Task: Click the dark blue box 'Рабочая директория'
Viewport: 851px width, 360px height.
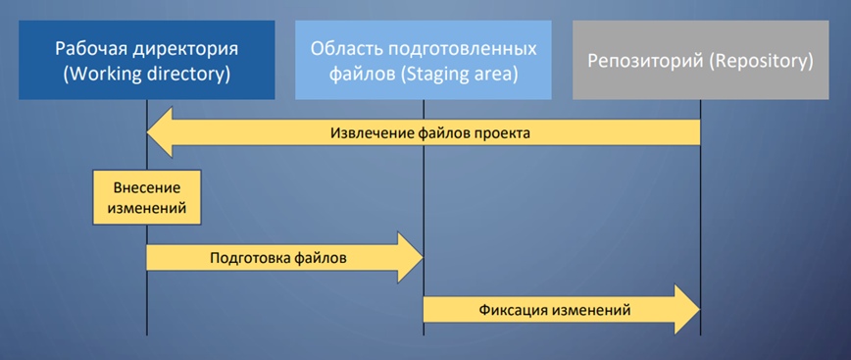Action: [146, 60]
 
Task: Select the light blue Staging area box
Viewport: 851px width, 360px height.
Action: [424, 60]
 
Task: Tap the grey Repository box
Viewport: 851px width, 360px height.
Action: [700, 60]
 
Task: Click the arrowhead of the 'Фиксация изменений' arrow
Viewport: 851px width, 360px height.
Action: [685, 309]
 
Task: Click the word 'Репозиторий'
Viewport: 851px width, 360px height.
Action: [641, 61]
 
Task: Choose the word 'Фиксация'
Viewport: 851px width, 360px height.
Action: [513, 309]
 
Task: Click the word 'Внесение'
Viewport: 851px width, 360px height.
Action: [141, 185]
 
